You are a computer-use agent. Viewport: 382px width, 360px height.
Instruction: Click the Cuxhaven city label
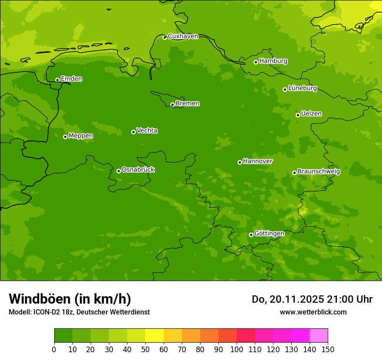(183, 36)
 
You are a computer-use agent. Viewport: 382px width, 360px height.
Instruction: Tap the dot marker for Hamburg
(256, 62)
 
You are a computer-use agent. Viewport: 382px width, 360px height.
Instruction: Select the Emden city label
(71, 79)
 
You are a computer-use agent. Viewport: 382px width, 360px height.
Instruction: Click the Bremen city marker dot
(172, 105)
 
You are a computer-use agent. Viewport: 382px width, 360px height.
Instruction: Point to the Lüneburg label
(302, 88)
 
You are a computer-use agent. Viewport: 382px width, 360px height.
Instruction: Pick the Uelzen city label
(311, 114)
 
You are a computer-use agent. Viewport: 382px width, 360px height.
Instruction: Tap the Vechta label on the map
(147, 131)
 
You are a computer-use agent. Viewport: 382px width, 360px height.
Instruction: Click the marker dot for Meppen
(65, 137)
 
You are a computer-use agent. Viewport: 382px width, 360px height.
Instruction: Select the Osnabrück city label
(138, 170)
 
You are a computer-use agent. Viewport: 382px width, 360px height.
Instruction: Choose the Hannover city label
(257, 161)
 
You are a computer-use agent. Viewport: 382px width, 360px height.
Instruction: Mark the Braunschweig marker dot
(294, 173)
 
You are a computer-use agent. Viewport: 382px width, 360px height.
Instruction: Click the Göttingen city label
(269, 233)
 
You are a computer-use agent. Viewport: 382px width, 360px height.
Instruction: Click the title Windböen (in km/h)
(70, 299)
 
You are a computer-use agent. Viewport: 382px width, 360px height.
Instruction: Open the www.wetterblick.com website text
(313, 312)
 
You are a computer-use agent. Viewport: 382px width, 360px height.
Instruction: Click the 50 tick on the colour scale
(145, 349)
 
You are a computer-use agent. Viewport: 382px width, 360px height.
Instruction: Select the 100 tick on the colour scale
(237, 349)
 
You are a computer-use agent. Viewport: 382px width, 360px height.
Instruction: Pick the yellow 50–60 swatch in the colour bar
(155, 336)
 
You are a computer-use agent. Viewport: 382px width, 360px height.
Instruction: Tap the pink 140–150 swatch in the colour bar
(319, 336)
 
